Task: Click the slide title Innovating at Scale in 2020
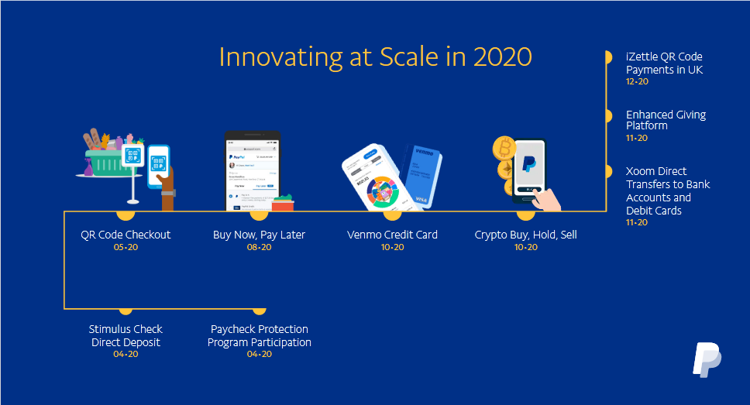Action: [x=375, y=57]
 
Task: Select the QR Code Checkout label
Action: [x=126, y=235]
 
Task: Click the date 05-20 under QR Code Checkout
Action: [x=126, y=247]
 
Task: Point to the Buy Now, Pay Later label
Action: [x=259, y=235]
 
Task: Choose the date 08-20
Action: [x=259, y=247]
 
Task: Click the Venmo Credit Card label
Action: [x=392, y=235]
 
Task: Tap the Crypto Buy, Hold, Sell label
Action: [x=525, y=235]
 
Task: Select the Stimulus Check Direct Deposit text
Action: [x=126, y=335]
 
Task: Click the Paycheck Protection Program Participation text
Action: [x=260, y=335]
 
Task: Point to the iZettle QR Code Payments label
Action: [x=664, y=63]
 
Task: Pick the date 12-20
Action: [x=637, y=81]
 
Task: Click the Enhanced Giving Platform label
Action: [x=666, y=120]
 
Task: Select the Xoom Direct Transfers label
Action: [x=667, y=190]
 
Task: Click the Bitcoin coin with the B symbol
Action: [x=504, y=147]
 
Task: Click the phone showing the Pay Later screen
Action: [x=253, y=170]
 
